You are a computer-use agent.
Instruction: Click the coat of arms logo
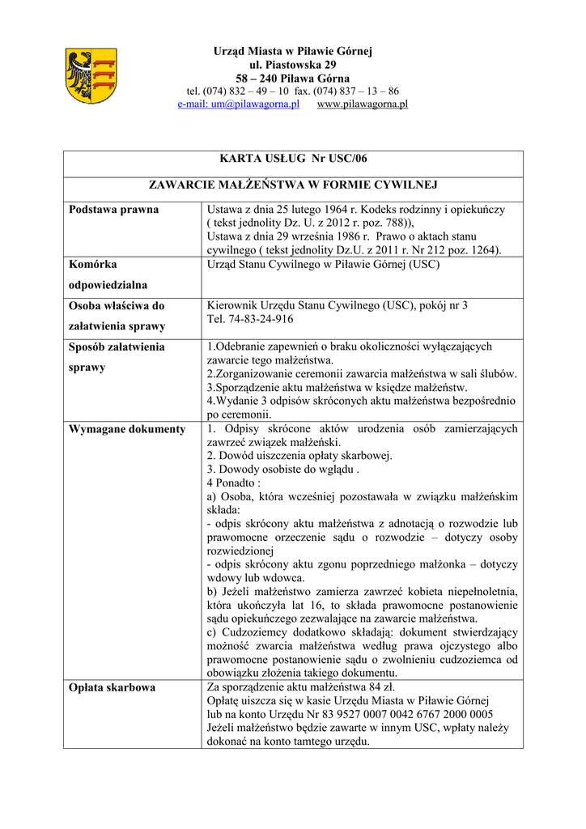pos(91,77)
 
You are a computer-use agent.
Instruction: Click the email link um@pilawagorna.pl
pos(239,104)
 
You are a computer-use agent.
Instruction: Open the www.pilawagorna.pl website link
pos(362,104)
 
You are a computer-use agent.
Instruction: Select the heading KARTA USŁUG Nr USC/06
pos(293,159)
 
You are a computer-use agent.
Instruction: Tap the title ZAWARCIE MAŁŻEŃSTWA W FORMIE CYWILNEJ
pos(293,185)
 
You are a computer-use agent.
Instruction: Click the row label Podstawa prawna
pos(113,210)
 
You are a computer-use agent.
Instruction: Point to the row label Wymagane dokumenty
pos(127,429)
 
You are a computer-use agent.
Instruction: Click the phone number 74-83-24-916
pos(251,320)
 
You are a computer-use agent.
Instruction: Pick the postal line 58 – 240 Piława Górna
pos(293,79)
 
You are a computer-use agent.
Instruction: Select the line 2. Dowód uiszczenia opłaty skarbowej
pos(299,456)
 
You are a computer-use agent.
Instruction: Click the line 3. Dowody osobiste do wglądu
pos(282,470)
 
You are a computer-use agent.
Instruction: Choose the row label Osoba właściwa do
pos(117,306)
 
